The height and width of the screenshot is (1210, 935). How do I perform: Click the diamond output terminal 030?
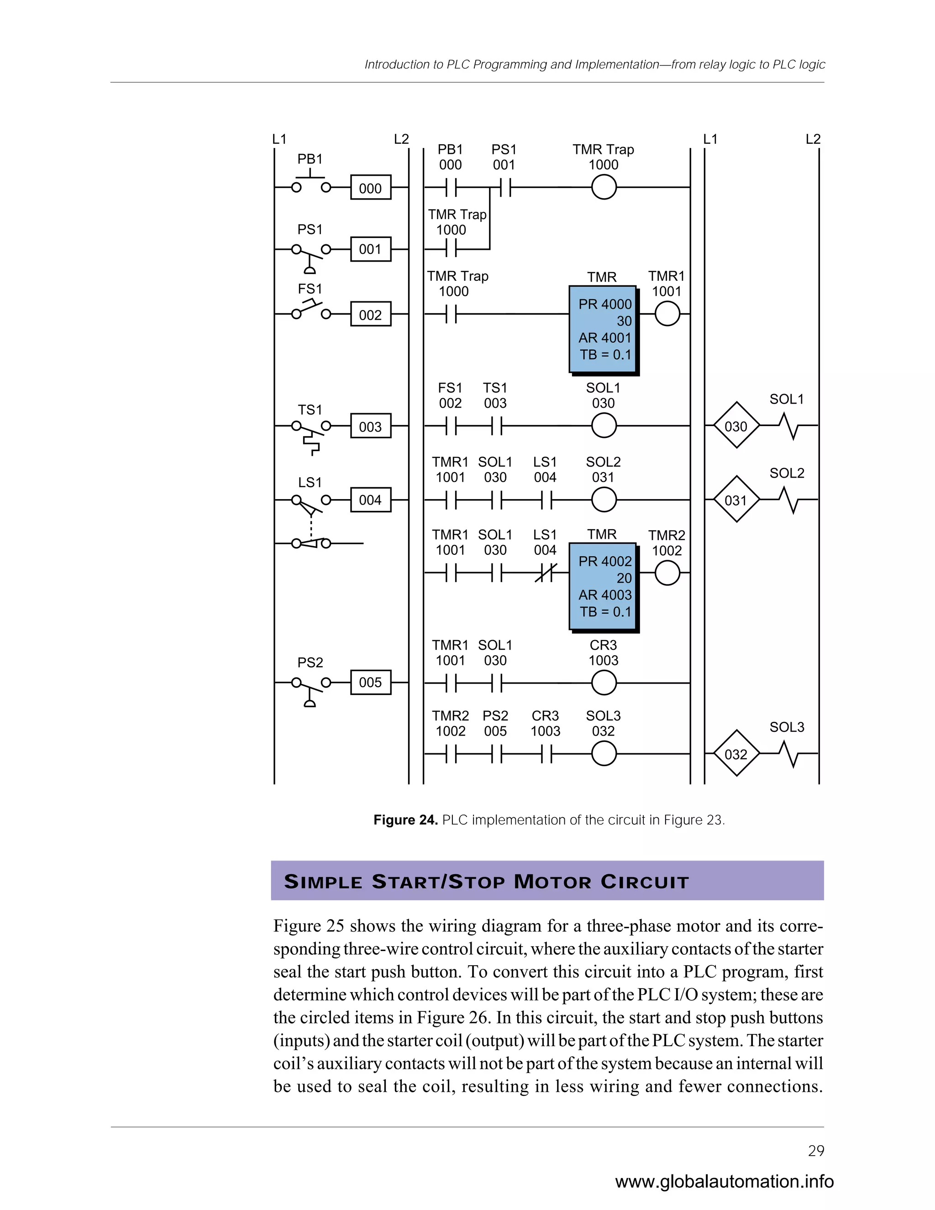click(735, 426)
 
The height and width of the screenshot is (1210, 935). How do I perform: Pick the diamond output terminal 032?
click(735, 754)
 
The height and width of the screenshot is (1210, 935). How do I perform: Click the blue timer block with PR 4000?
click(603, 329)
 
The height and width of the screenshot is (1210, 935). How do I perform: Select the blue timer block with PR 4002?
click(603, 586)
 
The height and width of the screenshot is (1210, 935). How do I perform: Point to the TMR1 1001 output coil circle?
click(667, 314)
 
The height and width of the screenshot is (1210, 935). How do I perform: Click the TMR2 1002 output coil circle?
click(667, 573)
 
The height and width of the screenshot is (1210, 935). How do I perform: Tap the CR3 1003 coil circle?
click(604, 683)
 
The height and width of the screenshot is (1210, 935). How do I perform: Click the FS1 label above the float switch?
click(310, 289)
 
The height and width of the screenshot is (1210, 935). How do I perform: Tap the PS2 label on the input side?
click(310, 662)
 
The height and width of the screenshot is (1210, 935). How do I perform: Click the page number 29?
click(816, 1151)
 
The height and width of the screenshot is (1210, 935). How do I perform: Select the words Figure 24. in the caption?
click(405, 820)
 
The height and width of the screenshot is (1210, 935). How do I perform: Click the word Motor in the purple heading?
click(552, 881)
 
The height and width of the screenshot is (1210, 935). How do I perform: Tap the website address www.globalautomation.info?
click(724, 1182)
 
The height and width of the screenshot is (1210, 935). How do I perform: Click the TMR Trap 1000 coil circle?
click(604, 187)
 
